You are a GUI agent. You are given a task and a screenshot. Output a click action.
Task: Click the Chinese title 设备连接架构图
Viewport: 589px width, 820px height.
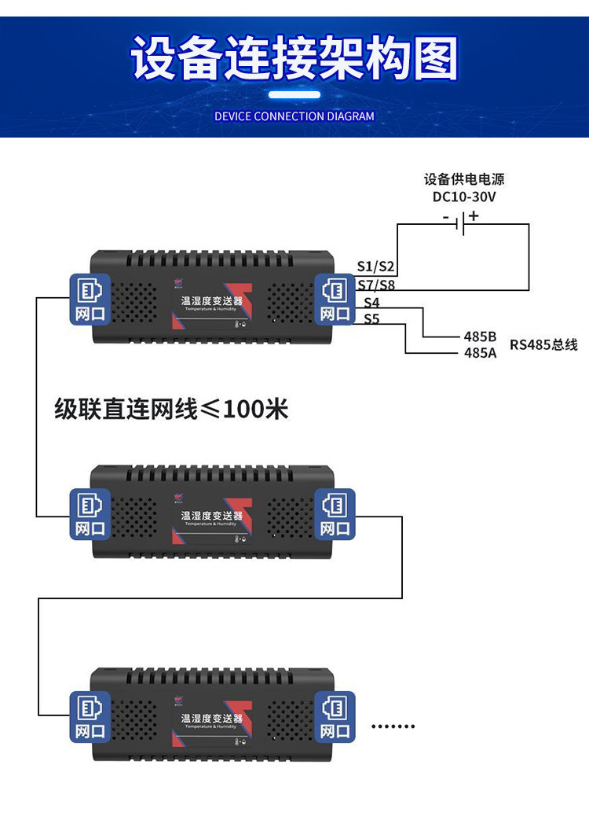(294, 58)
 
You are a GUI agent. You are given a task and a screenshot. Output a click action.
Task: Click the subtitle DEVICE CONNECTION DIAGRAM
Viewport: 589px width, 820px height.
(294, 116)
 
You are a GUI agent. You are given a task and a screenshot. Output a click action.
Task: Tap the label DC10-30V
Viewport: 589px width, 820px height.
(465, 197)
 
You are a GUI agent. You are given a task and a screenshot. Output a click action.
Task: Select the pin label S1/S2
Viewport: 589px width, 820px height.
(376, 267)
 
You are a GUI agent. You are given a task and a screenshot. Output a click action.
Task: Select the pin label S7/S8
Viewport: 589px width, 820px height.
(376, 285)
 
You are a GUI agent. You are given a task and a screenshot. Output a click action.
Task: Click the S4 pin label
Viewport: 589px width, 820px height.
(371, 303)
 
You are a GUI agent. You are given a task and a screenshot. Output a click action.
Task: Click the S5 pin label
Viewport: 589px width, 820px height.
(371, 319)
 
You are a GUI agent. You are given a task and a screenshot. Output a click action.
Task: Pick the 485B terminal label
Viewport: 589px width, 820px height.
(480, 336)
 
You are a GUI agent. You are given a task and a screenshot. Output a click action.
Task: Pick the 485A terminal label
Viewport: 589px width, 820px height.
(480, 353)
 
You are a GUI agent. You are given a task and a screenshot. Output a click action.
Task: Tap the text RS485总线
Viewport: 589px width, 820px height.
(543, 344)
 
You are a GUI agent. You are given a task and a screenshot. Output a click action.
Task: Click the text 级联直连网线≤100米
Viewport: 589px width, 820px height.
(171, 409)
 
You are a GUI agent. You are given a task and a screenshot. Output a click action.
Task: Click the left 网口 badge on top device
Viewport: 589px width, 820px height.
(90, 300)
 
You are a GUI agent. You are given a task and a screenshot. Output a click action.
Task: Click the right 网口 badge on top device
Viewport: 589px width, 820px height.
(335, 300)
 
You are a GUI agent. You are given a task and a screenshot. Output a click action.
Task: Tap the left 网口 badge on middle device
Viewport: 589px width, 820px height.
(90, 515)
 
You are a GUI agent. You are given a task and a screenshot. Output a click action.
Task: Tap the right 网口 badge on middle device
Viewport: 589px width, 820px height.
(335, 515)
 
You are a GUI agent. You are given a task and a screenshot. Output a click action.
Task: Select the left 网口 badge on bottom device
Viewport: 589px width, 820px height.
(90, 717)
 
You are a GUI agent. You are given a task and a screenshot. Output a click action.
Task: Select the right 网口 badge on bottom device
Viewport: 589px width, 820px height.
(335, 717)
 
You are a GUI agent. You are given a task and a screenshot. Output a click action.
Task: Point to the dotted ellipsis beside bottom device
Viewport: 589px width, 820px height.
(393, 726)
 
